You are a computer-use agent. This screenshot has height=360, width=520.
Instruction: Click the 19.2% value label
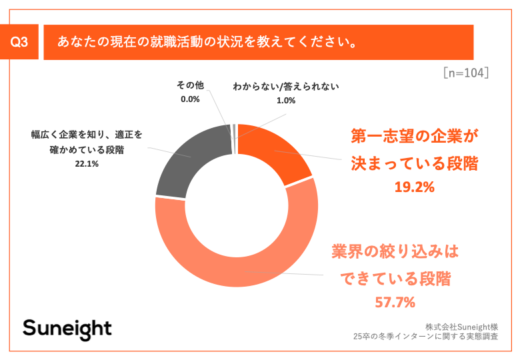click(414, 187)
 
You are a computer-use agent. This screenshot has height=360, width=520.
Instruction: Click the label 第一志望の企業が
click(414, 137)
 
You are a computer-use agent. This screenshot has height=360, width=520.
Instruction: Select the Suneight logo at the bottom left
click(67, 328)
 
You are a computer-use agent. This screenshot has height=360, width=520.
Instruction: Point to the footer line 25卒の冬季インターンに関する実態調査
click(433, 337)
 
